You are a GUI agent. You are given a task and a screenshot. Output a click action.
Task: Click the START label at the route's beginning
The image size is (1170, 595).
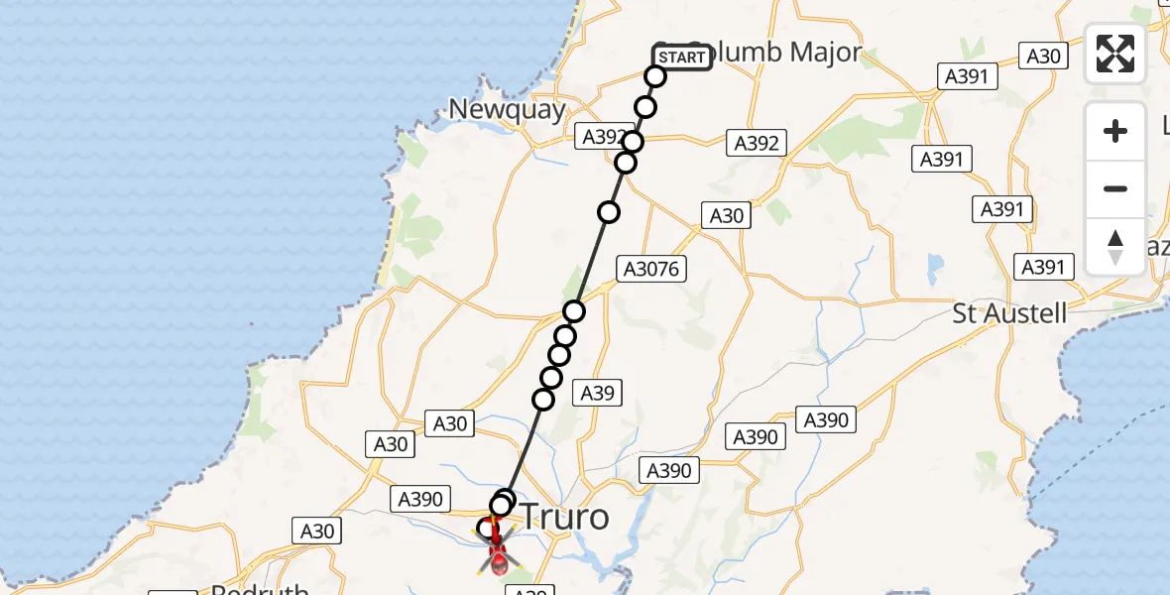point(682,58)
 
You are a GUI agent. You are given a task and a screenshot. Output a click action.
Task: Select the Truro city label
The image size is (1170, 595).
point(563,516)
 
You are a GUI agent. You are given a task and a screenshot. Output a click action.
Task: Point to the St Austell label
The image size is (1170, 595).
point(1009,314)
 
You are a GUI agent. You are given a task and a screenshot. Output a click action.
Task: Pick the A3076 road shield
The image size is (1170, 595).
point(650,268)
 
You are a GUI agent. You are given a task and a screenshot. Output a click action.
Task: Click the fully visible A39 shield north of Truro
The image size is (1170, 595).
point(597,393)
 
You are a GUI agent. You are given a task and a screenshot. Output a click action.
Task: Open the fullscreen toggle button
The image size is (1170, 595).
point(1115,54)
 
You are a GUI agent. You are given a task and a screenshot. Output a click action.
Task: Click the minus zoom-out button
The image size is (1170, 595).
point(1115,188)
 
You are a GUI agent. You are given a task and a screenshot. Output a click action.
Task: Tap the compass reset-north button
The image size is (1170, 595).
point(1115,247)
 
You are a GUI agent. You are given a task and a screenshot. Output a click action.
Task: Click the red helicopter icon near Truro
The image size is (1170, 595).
point(497,556)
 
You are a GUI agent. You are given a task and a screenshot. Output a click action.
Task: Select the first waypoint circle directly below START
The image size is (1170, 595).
point(655,76)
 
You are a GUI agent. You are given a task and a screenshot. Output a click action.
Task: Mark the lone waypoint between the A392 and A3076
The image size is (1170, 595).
point(609,211)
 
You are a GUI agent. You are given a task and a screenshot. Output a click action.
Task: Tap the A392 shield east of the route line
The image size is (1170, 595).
point(757,143)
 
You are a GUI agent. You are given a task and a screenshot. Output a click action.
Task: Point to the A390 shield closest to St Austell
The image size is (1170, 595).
point(826,420)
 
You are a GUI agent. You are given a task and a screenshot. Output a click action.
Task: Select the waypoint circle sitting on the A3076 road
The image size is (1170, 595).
point(574,311)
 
